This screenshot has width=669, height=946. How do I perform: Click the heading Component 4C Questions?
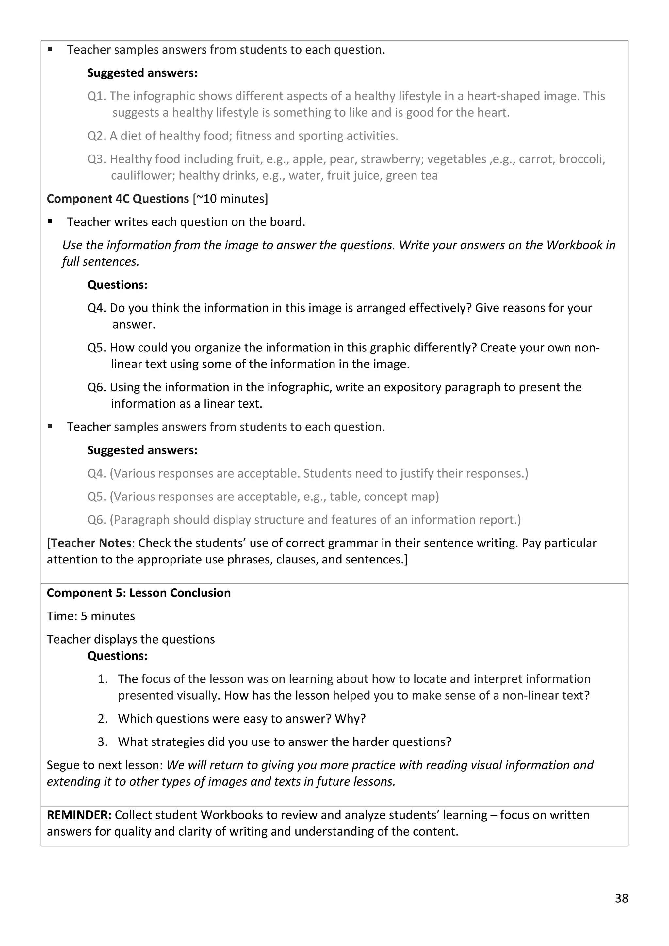pyautogui.click(x=118, y=199)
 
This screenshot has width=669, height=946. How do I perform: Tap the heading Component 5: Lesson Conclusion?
pyautogui.click(x=139, y=593)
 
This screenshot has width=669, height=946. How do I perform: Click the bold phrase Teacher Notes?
pyautogui.click(x=91, y=543)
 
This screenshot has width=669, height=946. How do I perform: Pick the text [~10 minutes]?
pyautogui.click(x=230, y=199)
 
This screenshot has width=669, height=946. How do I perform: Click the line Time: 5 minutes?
pyautogui.click(x=90, y=616)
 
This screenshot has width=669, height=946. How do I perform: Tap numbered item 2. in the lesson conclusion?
pyautogui.click(x=103, y=719)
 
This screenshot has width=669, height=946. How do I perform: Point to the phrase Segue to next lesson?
pyautogui.click(x=105, y=765)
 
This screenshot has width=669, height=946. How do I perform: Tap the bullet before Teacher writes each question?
pyautogui.click(x=50, y=222)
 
